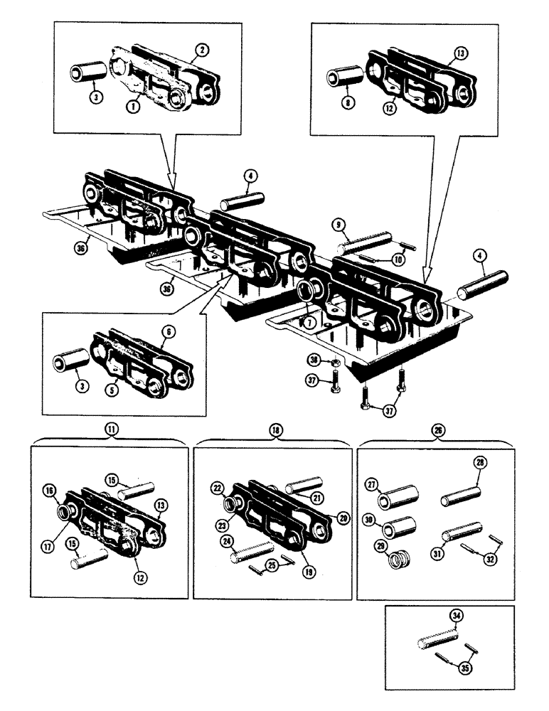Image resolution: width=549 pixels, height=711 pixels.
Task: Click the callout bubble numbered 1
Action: tap(132, 105)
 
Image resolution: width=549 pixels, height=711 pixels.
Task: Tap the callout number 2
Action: tap(203, 50)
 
